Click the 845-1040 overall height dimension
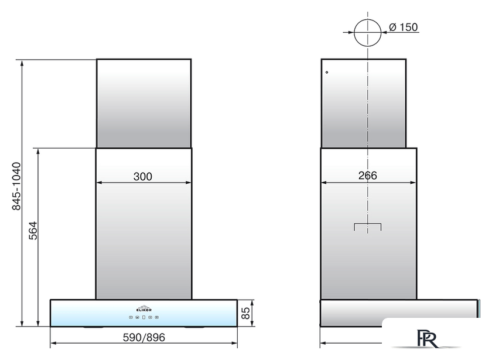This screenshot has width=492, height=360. click(x=16, y=186)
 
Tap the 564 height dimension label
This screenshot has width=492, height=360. click(x=33, y=231)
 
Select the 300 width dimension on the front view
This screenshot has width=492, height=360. click(x=143, y=177)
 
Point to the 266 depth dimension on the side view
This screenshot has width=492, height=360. click(x=368, y=176)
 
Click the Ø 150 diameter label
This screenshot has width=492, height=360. click(x=403, y=28)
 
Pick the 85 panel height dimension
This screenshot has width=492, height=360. click(x=245, y=313)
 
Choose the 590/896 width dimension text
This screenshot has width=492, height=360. click(x=143, y=337)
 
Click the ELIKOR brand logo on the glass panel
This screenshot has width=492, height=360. click(x=144, y=308)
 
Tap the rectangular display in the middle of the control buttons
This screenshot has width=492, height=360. click(x=143, y=317)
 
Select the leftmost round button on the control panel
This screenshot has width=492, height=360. click(x=131, y=317)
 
